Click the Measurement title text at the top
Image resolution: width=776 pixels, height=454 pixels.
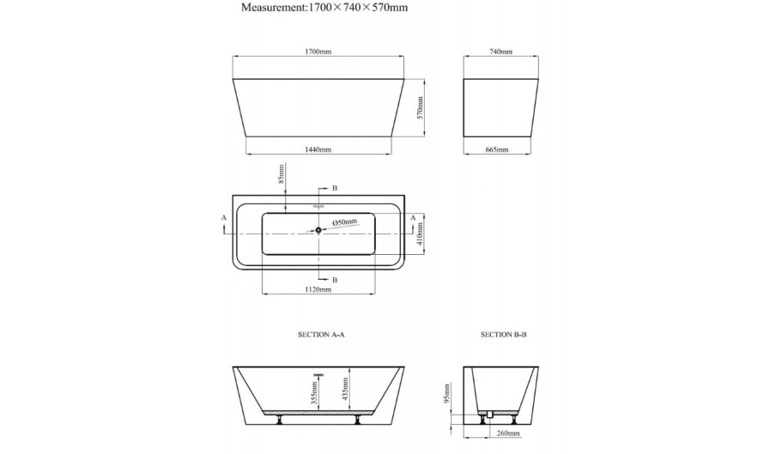pos(324,8)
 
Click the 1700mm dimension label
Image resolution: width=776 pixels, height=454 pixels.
pos(318,51)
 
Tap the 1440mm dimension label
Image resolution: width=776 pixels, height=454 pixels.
pos(318,149)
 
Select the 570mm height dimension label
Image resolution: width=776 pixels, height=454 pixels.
pos(420,108)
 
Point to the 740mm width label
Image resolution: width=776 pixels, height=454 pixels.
pos(500,51)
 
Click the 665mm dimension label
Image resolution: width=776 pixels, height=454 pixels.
pos(497,149)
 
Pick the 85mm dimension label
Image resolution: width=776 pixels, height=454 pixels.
pos(282,174)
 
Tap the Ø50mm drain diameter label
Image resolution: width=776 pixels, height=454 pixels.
pos(344,222)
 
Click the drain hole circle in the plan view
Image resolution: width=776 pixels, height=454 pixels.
pos(318,230)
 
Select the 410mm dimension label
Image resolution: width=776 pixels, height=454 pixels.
pos(420,234)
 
